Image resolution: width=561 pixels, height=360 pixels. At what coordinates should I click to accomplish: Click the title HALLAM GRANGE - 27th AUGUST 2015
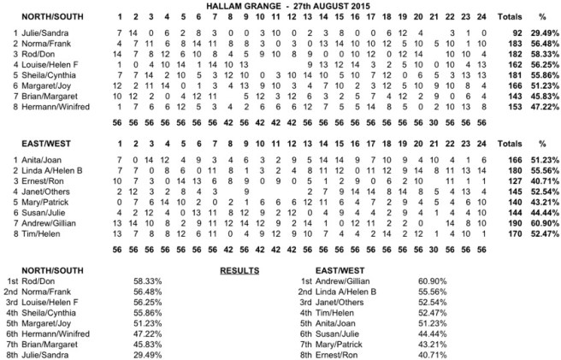281,5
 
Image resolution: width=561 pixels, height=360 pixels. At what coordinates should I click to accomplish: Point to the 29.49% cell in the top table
532,32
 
